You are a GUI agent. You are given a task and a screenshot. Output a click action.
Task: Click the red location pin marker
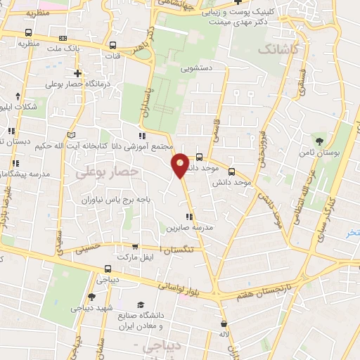[x=181, y=165]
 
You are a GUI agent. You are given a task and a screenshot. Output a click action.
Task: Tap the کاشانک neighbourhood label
[x=279, y=49]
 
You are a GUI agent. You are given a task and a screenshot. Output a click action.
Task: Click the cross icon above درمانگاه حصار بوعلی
[x=77, y=73]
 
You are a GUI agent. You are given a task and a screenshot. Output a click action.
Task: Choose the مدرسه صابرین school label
[x=189, y=229]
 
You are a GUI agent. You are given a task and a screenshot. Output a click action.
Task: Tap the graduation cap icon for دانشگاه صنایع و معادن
[x=141, y=305]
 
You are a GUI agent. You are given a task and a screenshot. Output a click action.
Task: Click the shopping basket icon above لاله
[x=224, y=324]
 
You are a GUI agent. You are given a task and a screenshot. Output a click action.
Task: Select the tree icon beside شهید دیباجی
[x=91, y=297]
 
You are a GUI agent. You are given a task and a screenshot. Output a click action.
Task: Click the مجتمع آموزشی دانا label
[x=143, y=146]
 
